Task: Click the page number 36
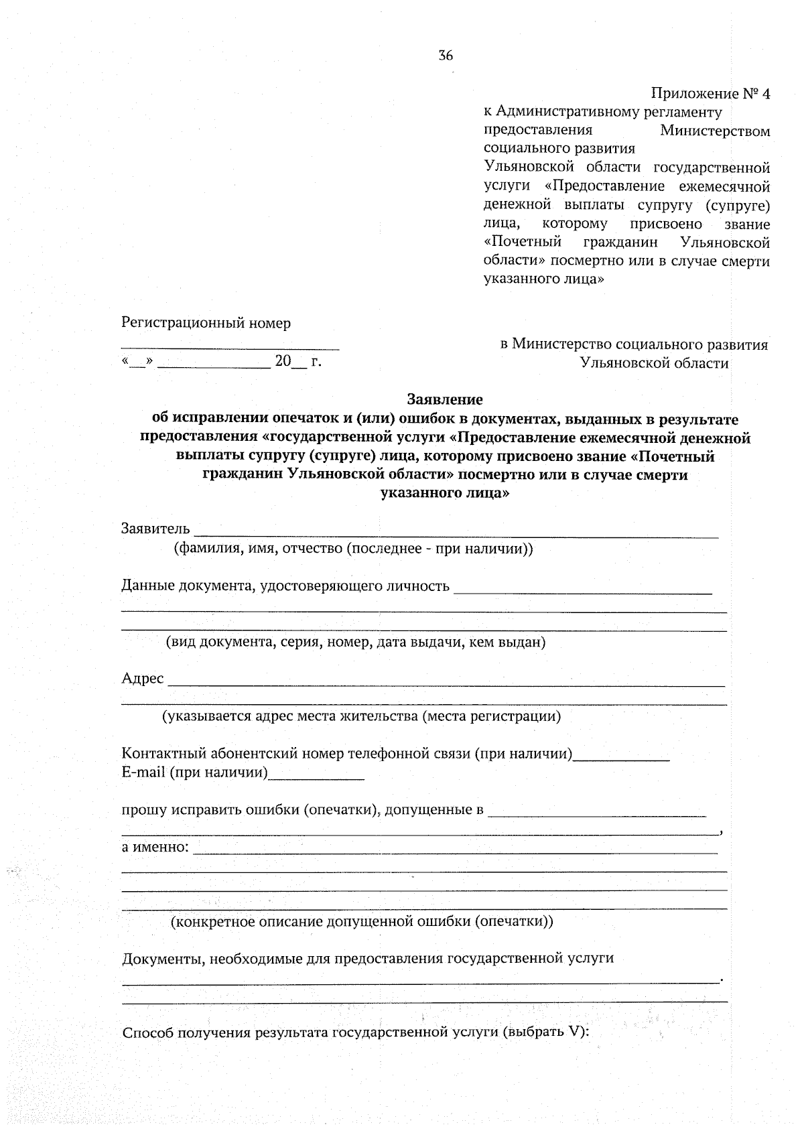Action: [446, 56]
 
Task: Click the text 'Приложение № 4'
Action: [711, 94]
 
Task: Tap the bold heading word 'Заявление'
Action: [445, 400]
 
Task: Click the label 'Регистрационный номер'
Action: [206, 324]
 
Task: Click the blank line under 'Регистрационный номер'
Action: [230, 346]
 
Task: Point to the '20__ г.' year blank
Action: [298, 362]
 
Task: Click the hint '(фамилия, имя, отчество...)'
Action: [353, 549]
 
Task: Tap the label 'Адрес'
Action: [142, 679]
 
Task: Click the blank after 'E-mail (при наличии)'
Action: [316, 777]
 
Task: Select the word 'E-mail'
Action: [143, 773]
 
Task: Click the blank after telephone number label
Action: [622, 758]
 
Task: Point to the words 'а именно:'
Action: [155, 847]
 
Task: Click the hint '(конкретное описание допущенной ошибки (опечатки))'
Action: [362, 921]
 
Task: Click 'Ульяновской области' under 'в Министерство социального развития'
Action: [654, 364]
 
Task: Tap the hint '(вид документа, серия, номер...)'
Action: [356, 643]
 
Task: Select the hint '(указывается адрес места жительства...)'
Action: [361, 716]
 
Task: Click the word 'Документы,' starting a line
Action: [163, 958]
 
